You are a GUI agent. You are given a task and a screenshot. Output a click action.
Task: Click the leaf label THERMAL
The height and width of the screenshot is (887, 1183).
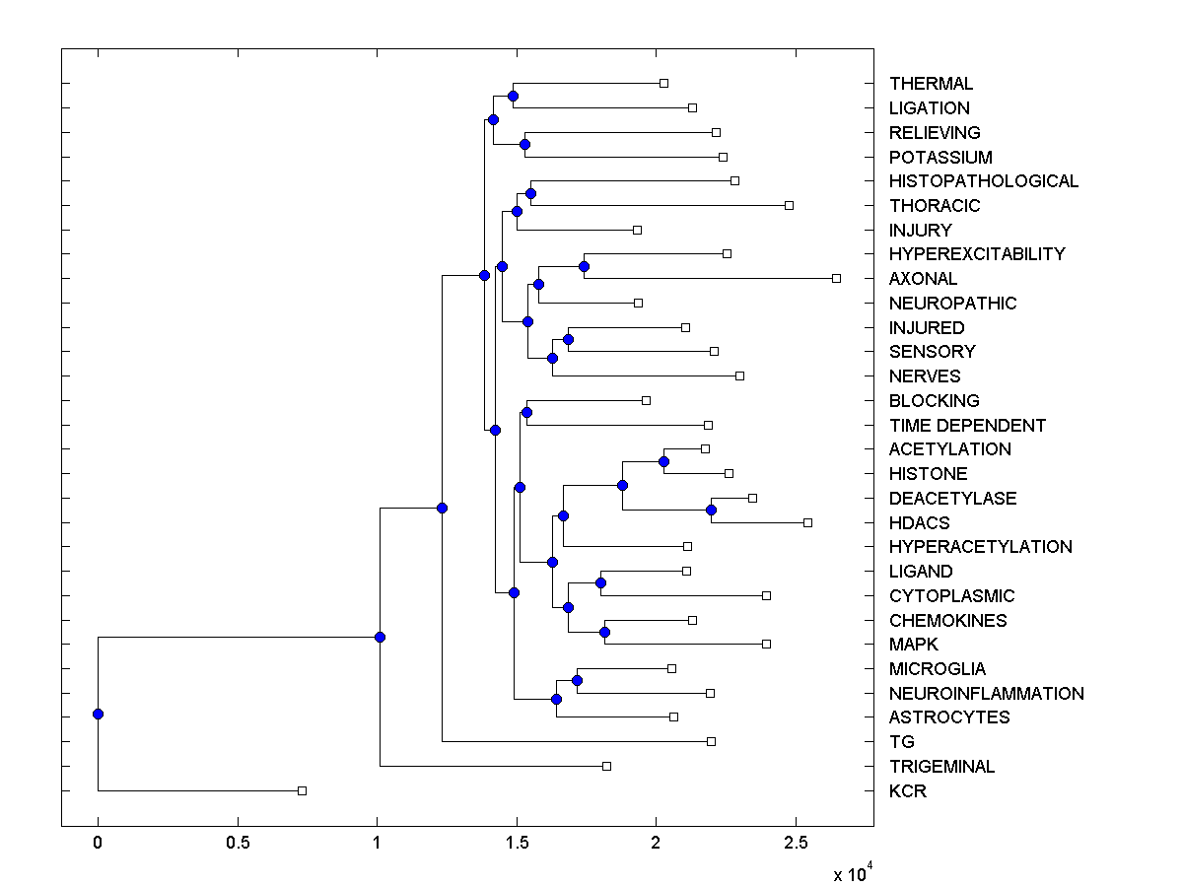(931, 84)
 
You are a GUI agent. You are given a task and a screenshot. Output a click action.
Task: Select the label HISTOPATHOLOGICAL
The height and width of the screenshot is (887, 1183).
(983, 181)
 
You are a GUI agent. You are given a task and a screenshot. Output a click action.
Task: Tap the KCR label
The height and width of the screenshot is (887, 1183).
(907, 791)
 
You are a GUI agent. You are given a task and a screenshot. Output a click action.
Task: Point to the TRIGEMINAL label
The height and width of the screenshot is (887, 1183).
(941, 767)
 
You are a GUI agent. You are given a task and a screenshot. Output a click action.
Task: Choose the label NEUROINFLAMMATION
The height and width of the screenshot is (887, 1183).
(986, 694)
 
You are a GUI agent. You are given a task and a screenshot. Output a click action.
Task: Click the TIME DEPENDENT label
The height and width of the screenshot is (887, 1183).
(967, 426)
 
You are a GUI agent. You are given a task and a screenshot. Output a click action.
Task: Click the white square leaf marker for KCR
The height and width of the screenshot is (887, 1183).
(303, 790)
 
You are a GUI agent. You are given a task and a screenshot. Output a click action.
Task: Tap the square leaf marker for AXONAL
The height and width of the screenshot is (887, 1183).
(836, 278)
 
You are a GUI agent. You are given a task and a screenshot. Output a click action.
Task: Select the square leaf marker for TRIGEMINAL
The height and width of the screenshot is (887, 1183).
(606, 766)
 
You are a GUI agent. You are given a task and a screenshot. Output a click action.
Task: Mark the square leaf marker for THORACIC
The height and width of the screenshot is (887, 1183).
(789, 205)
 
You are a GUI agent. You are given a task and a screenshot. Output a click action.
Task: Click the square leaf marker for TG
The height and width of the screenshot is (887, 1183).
(711, 741)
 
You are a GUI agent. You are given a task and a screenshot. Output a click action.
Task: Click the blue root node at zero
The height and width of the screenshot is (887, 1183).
(98, 714)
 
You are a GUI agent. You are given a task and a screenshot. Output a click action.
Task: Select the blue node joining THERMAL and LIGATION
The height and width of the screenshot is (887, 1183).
(513, 96)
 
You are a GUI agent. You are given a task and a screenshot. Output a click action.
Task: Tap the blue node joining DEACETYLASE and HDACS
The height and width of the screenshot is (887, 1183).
(711, 510)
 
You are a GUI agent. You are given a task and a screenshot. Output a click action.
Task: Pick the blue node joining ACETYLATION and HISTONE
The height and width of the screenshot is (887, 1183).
(664, 461)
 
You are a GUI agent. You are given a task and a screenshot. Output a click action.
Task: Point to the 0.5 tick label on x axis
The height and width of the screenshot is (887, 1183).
(237, 842)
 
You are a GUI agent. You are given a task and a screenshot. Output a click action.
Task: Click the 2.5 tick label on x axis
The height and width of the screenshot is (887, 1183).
(796, 842)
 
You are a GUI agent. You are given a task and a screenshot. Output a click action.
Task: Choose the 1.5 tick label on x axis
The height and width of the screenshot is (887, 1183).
(516, 842)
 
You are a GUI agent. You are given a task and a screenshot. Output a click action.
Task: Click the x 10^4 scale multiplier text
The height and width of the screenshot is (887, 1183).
(851, 872)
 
